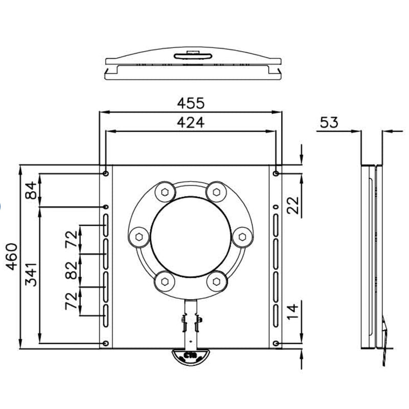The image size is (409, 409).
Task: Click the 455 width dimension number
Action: pos(190,103)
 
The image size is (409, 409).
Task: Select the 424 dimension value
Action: pos(190,123)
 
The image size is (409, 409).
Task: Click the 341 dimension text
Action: pos(31,274)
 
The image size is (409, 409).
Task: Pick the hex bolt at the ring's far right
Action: pos(243,237)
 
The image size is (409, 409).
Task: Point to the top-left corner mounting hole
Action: pos(106,174)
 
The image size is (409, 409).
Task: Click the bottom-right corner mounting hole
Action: pos(277,343)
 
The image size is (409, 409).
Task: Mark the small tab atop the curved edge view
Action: pos(193,53)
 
